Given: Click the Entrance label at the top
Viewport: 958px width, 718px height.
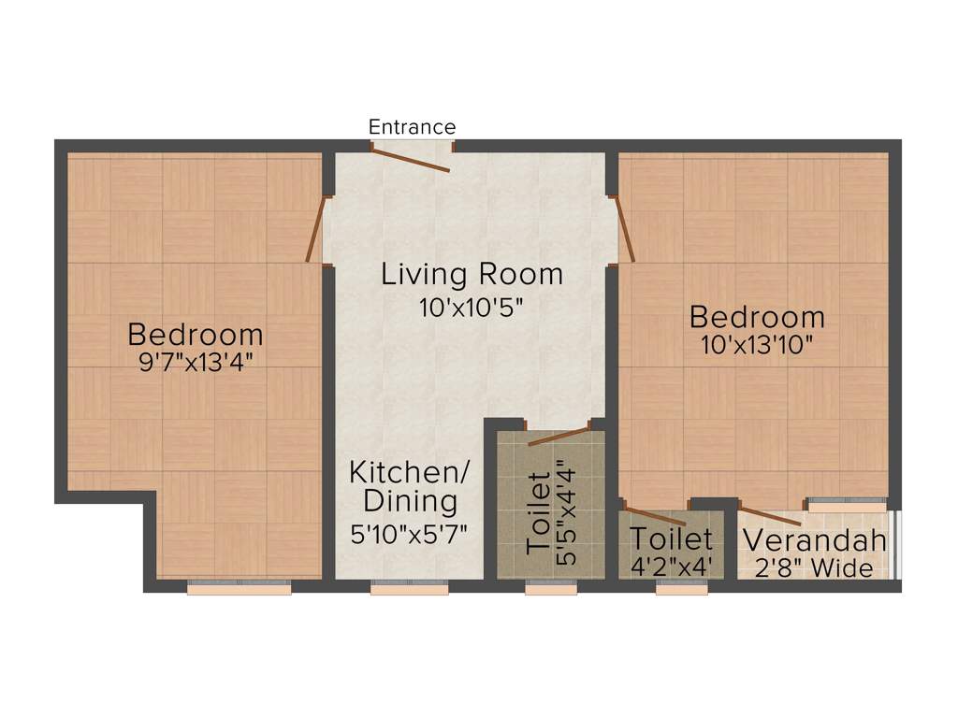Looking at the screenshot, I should click(x=412, y=127).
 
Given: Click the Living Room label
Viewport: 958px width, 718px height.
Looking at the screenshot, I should click(x=472, y=275).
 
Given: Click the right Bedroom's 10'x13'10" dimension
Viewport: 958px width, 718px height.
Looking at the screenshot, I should click(x=757, y=343).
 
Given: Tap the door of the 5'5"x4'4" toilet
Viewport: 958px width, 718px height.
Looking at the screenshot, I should click(x=559, y=435).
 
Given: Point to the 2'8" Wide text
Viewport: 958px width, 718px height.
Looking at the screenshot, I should click(x=814, y=567).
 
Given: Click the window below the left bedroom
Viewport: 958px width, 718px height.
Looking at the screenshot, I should click(x=239, y=588).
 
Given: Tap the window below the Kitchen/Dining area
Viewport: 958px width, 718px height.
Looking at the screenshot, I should click(x=409, y=588).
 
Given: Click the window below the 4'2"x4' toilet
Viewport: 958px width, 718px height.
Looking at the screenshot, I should click(x=681, y=588).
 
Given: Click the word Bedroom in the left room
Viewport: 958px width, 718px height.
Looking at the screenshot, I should click(x=196, y=334).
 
